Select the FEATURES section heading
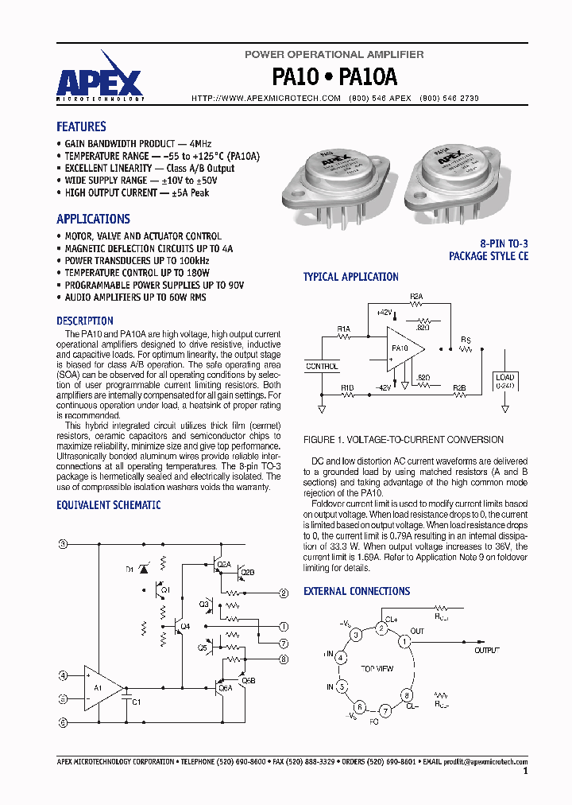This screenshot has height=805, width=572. (81, 126)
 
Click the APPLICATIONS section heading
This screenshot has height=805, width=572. (93, 219)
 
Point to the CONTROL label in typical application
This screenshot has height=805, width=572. (322, 367)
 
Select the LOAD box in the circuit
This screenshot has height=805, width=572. (504, 379)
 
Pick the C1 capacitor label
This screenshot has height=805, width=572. (136, 702)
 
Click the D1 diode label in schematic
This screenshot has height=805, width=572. (130, 570)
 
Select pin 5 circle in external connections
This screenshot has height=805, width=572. (342, 686)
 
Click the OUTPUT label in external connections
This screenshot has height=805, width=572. (487, 651)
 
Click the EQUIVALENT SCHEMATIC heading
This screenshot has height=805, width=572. (108, 505)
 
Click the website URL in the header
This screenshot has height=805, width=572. (266, 98)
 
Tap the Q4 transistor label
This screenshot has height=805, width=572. (185, 627)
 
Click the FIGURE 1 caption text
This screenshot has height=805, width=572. (404, 439)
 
